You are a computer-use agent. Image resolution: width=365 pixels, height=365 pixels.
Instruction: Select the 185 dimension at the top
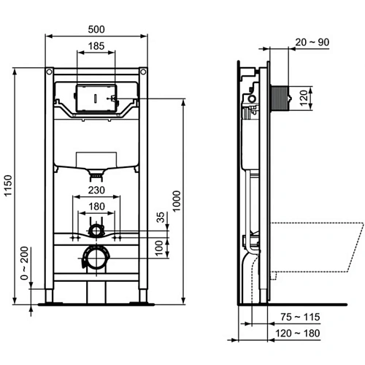[x=96, y=46]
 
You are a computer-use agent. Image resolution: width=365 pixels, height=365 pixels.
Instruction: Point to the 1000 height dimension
[x=176, y=199]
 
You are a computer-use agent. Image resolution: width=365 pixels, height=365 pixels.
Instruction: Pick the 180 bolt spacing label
[x=96, y=206]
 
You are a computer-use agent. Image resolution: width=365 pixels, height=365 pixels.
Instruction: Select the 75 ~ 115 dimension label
[x=301, y=318]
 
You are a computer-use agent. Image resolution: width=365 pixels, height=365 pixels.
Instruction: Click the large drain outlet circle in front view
[x=95, y=257]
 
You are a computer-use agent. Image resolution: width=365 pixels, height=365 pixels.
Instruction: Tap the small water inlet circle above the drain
[x=95, y=231]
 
